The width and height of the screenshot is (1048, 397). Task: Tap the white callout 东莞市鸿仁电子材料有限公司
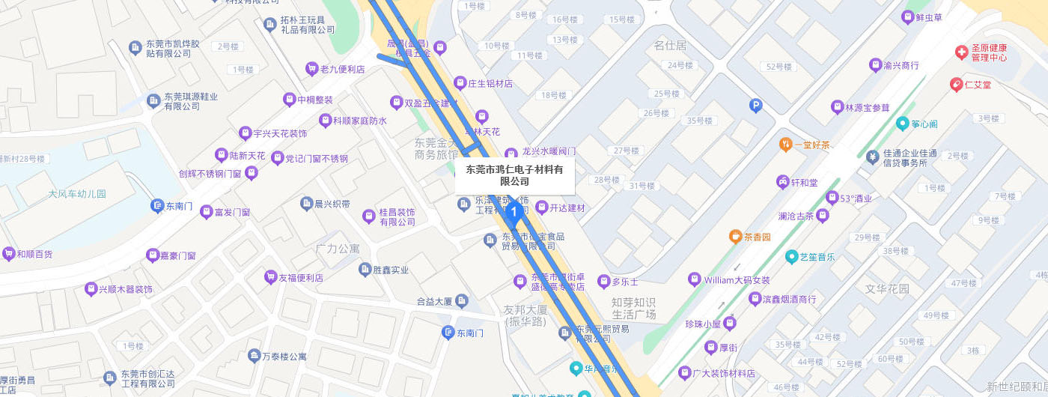click(514, 175)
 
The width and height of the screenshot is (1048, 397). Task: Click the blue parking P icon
click(755, 106)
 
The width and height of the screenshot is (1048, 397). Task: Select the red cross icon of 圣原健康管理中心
click(960, 52)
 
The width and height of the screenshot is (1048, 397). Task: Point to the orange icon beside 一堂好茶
click(785, 144)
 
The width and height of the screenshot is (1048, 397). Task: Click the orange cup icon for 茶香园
click(735, 237)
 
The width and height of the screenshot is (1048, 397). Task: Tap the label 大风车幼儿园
click(77, 194)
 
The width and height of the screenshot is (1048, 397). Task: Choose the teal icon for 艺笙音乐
click(791, 257)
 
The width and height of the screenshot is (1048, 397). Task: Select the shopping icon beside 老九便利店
click(311, 69)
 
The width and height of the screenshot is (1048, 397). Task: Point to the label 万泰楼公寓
click(283, 357)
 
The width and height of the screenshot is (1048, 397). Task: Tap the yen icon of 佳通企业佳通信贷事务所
click(872, 157)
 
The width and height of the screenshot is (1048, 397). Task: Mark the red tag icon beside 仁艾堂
click(956, 85)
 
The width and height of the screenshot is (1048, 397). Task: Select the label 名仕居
click(670, 46)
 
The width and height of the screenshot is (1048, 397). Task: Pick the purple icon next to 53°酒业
click(832, 198)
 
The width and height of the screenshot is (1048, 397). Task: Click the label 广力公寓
click(338, 248)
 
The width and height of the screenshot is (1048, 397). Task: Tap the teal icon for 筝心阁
click(904, 124)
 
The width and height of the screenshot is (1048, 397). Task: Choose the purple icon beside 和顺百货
click(9, 254)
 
